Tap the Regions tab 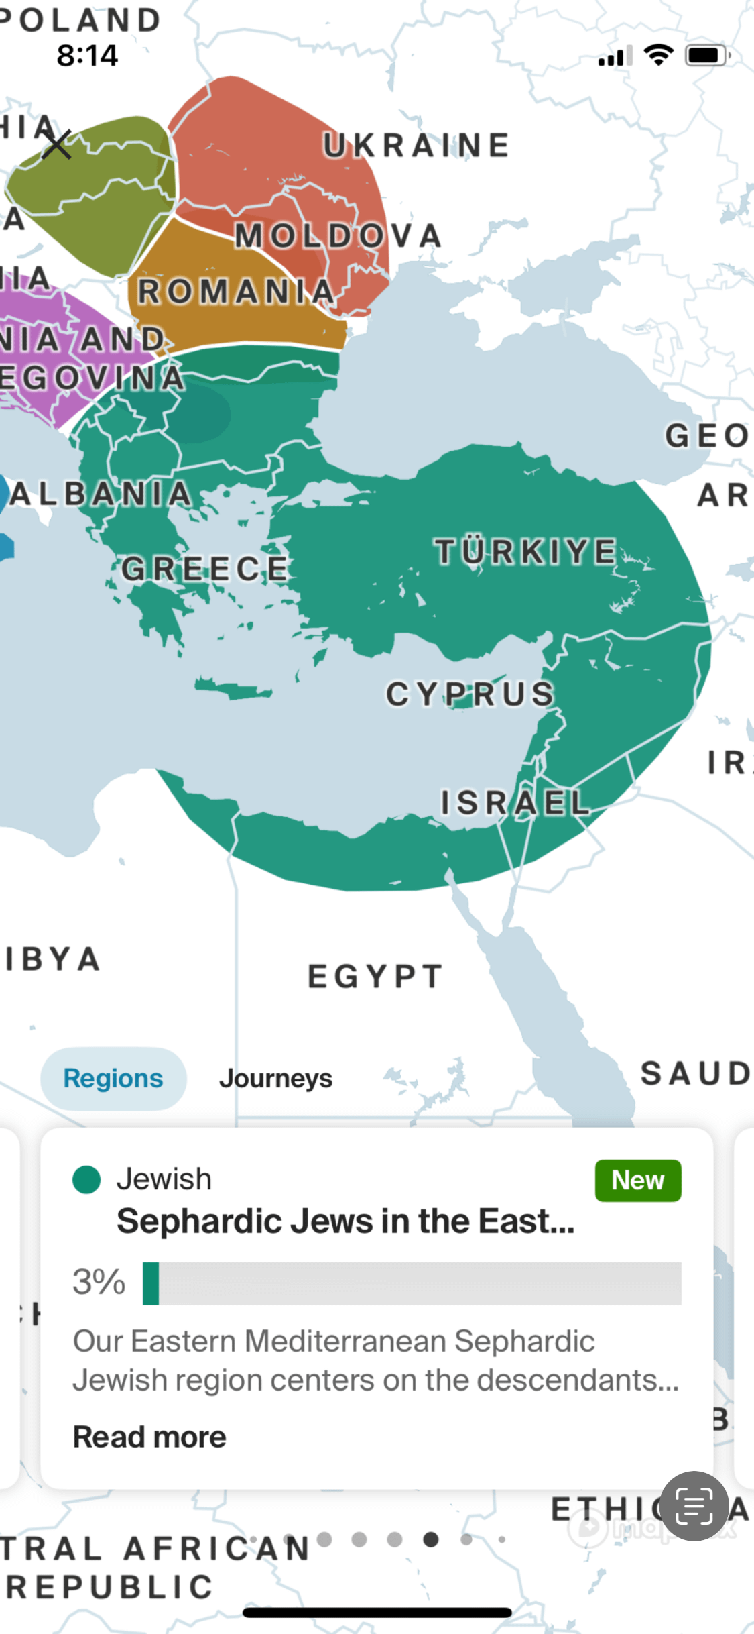coord(113,1079)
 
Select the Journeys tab coord(275,1079)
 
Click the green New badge coord(637,1181)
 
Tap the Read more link coord(149,1437)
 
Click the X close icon coord(57,144)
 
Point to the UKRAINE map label coord(416,146)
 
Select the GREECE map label coord(205,569)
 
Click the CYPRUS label coord(470,694)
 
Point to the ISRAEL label coord(515,803)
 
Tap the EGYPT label coord(375,977)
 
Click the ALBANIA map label coord(101,494)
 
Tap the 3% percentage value coord(99,1283)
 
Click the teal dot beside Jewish coord(86,1180)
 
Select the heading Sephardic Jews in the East coord(345,1221)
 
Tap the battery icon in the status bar coord(706,56)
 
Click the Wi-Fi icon coord(658,55)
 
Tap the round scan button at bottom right coord(694,1507)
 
